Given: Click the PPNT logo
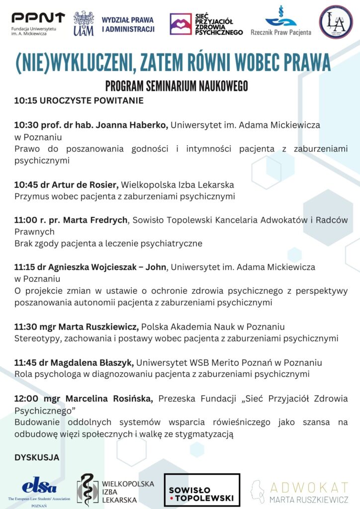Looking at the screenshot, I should [x=38, y=18].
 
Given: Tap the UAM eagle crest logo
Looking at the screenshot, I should [x=84, y=23].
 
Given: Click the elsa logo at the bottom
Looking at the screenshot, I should [x=39, y=485].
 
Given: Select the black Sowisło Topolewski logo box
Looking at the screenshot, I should [x=201, y=490].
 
